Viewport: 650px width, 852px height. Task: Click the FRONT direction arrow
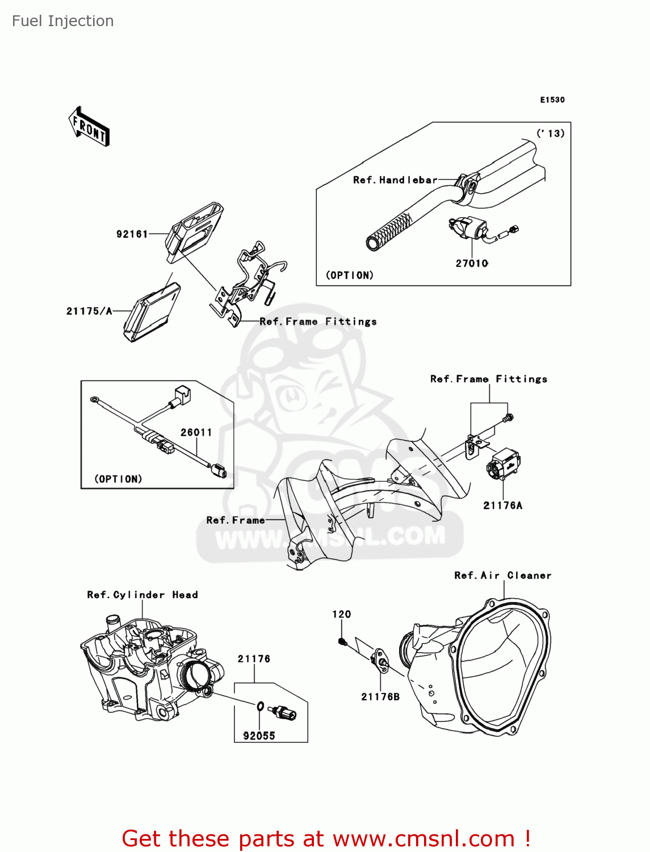(x=89, y=127)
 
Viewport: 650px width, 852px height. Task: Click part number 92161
(x=132, y=234)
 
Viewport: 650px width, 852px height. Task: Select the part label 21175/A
(x=89, y=311)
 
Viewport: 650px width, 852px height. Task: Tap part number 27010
(x=472, y=264)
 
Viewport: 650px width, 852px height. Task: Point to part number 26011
(x=196, y=432)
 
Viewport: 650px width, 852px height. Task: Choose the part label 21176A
(x=502, y=506)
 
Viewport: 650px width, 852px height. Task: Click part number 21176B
(x=380, y=697)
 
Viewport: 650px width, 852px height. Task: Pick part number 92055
(x=259, y=736)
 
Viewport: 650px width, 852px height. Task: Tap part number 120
(x=341, y=615)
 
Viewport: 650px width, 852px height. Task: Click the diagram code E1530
(x=552, y=100)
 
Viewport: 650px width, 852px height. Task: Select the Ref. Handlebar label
(x=395, y=180)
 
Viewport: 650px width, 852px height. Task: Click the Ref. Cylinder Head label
(x=142, y=595)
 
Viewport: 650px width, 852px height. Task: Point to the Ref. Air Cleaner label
(x=502, y=575)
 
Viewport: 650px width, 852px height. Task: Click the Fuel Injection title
(x=62, y=21)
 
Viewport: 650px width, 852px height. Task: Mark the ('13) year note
(x=550, y=133)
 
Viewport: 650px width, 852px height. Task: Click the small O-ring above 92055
(x=259, y=707)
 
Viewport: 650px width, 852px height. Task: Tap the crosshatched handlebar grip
(x=392, y=231)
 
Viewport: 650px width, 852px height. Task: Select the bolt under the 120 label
(x=342, y=642)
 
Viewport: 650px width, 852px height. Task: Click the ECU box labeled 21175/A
(x=152, y=312)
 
